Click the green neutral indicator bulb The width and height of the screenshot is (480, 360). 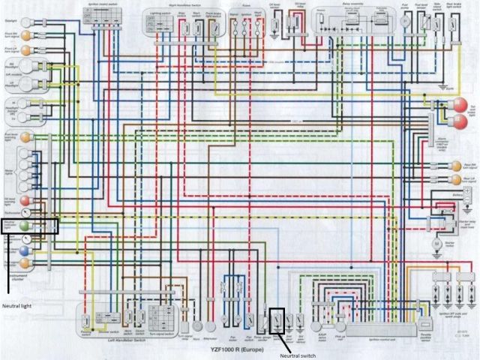[25, 224]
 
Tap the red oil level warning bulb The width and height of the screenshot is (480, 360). [25, 201]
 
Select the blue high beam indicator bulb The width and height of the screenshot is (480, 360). [25, 263]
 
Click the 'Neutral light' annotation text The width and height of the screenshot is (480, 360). [20, 306]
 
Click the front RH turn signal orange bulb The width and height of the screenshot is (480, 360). [25, 35]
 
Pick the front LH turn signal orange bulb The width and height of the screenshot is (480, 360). [25, 49]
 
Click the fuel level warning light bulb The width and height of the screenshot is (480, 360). [25, 137]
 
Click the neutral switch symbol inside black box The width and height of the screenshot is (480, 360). [277, 322]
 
